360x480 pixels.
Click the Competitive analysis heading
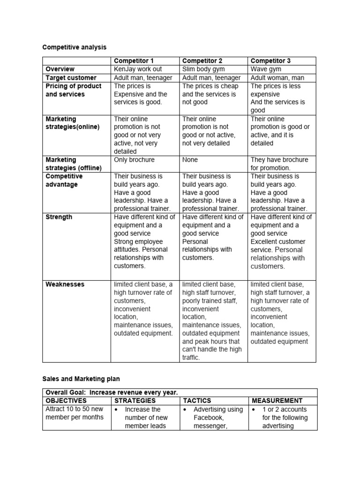tap(75, 47)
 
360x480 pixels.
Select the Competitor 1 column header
tap(134, 61)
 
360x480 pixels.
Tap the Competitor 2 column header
tap(202, 61)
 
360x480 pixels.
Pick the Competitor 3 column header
tap(270, 61)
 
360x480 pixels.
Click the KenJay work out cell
tap(138, 69)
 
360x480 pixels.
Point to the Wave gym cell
tap(266, 69)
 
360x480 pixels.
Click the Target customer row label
tap(71, 78)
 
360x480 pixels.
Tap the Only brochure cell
tap(134, 160)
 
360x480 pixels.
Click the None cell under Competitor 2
tap(190, 160)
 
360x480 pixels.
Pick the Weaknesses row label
tap(65, 285)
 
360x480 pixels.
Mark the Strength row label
tap(59, 217)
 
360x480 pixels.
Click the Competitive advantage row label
tap(64, 180)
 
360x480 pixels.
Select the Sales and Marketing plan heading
tap(82, 377)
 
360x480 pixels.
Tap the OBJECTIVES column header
tap(66, 401)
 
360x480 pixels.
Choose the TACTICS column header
tap(197, 401)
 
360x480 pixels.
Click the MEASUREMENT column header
tap(277, 401)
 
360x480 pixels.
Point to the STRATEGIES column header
tap(135, 401)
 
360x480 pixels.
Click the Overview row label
tap(60, 69)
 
